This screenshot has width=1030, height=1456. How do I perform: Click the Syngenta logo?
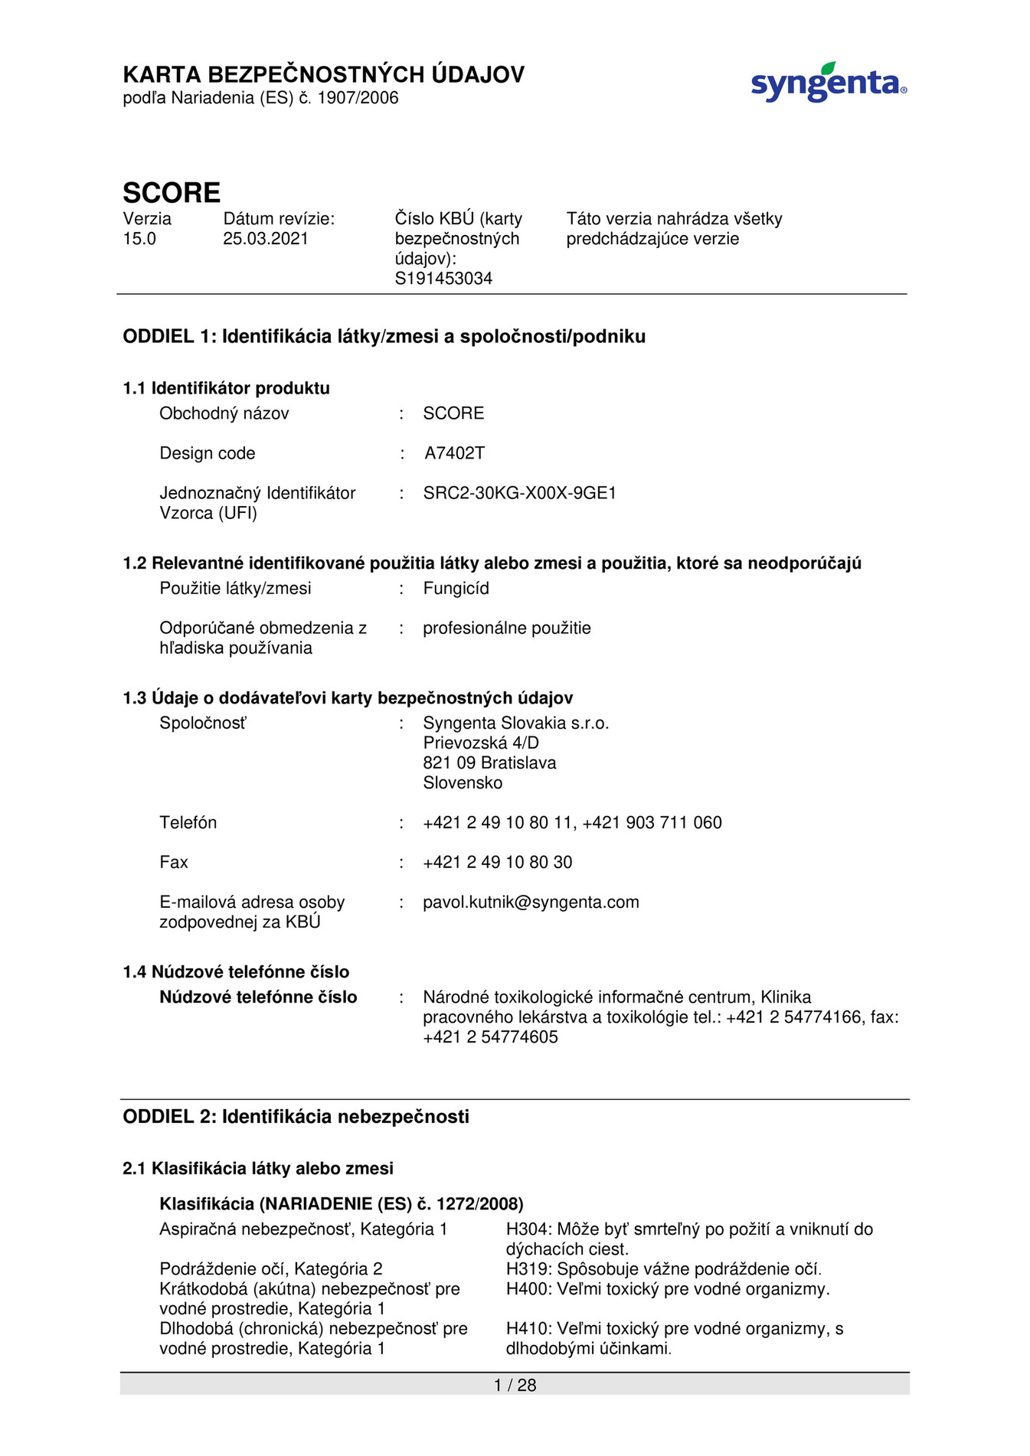tap(828, 83)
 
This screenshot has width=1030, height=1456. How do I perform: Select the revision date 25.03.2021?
tap(265, 239)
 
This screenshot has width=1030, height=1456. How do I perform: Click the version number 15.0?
tap(139, 239)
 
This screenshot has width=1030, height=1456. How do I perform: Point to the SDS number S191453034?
tap(443, 279)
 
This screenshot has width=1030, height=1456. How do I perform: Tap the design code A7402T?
tap(454, 453)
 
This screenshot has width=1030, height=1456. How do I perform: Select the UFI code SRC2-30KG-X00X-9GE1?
tap(519, 493)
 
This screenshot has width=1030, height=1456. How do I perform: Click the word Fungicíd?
tap(456, 589)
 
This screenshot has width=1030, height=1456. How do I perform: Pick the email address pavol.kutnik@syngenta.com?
tap(531, 903)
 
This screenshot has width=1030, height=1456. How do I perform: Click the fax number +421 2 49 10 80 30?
tap(497, 863)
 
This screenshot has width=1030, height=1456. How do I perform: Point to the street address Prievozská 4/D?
tap(481, 743)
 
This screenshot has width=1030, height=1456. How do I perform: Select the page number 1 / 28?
tap(515, 1385)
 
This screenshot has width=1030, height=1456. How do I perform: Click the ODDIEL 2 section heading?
tap(296, 1117)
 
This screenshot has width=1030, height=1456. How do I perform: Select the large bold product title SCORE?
tap(172, 192)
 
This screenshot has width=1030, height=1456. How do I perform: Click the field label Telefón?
tap(188, 823)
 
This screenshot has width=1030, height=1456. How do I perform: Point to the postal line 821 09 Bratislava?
tap(489, 763)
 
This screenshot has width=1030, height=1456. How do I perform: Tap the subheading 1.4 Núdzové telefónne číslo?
tap(236, 972)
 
